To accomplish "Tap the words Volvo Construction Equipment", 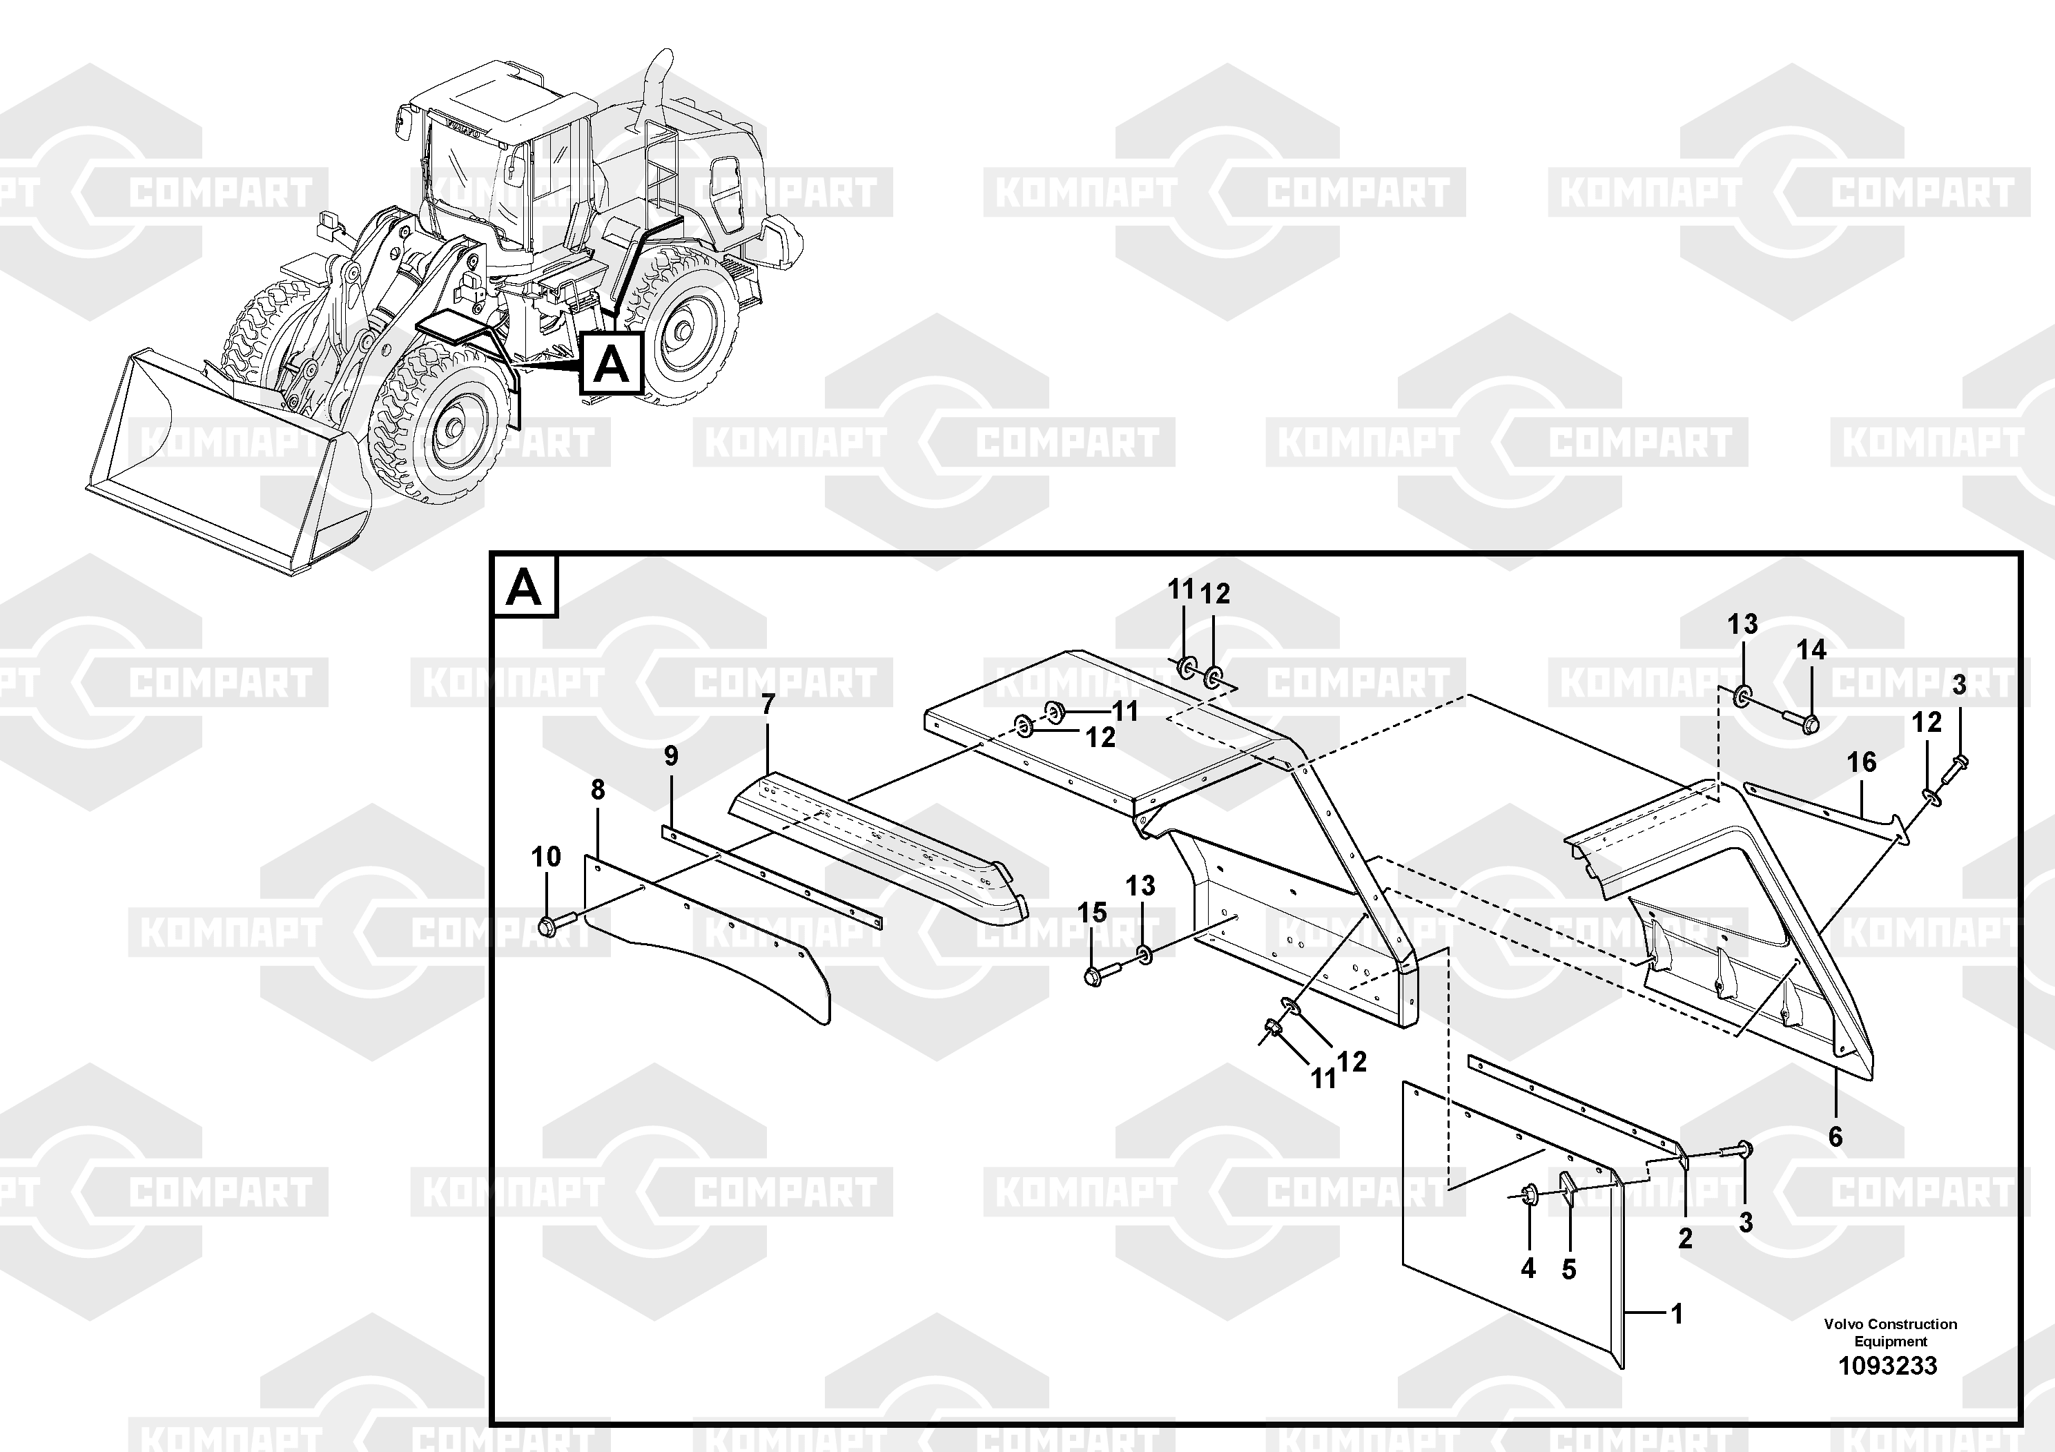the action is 1890,1332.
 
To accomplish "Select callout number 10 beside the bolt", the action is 546,857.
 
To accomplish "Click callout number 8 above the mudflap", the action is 598,790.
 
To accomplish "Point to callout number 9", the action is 671,757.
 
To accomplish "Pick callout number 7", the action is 768,706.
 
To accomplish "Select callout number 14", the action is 1811,650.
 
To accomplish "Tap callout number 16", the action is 1862,763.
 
